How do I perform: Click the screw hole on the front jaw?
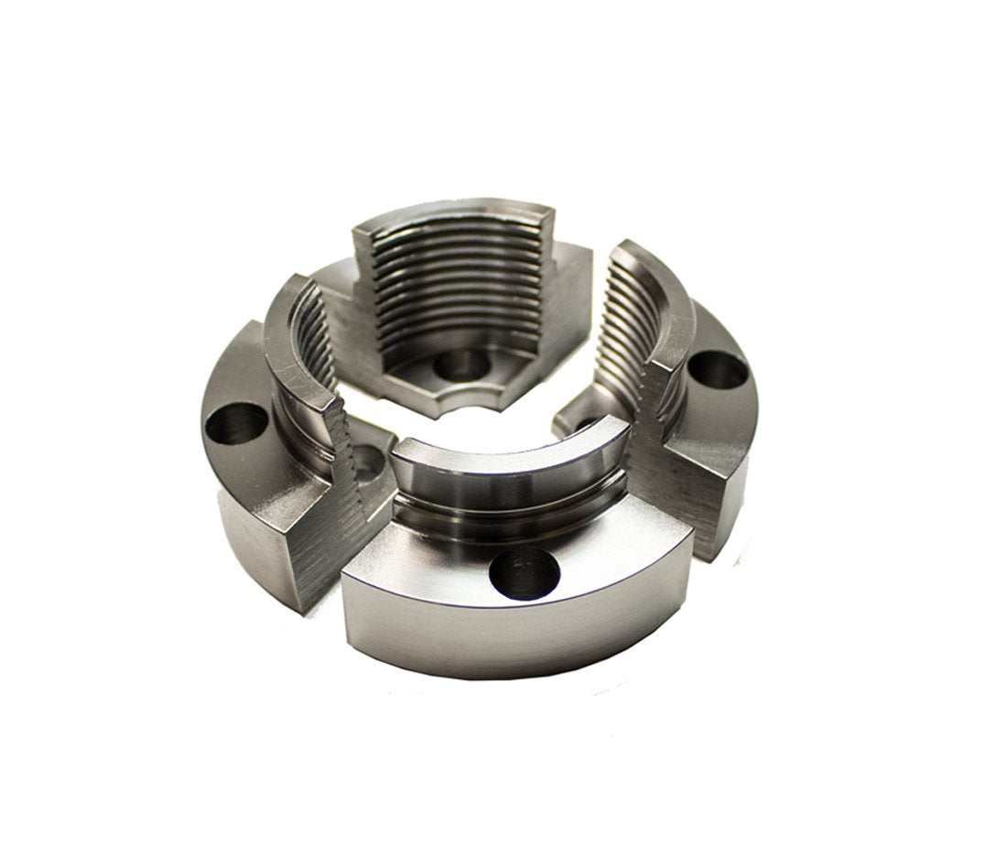[x=524, y=574]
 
